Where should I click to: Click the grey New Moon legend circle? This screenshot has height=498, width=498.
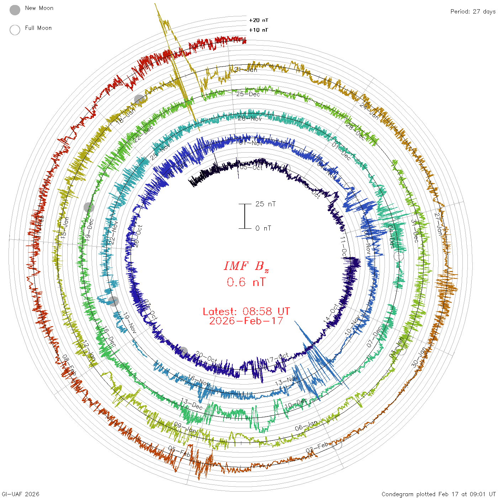coord(15,10)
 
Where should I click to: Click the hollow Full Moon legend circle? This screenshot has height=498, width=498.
coord(15,30)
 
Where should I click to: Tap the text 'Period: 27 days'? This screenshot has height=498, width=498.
coord(473,12)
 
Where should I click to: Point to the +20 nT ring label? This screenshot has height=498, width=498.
coord(259,20)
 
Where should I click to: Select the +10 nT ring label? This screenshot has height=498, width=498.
coord(259,30)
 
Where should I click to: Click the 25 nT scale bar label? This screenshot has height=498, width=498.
coord(265,204)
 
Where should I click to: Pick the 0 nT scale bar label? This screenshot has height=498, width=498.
coord(263,228)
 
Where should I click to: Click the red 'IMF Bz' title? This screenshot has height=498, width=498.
coord(246,266)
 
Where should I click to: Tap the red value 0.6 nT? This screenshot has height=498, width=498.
coord(246,282)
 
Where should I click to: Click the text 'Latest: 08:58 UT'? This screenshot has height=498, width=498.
coord(246,312)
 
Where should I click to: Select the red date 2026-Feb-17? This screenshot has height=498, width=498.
coord(246,321)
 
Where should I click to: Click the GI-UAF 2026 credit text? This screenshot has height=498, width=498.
coord(21,494)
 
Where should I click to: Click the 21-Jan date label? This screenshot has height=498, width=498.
coord(245,70)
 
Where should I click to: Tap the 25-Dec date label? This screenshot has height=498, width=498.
coord(248,94)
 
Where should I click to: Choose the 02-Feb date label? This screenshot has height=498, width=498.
coord(317,447)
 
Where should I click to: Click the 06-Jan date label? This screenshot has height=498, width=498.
coord(306,426)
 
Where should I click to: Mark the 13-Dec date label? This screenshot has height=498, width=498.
coord(192,404)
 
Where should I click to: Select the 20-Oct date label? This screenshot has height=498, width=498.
coord(206,357)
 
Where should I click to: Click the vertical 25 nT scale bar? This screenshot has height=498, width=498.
coord(245,216)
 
